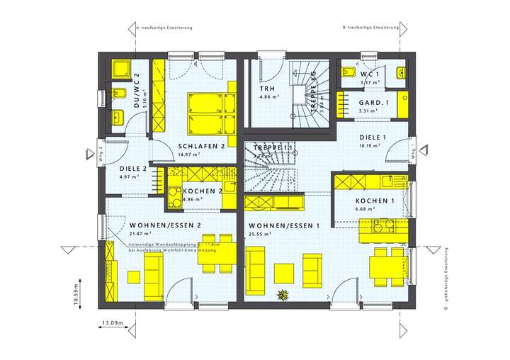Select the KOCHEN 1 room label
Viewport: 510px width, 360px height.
[374, 201]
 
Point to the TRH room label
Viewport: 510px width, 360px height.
[266, 88]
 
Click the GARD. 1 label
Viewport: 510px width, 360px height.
[354, 103]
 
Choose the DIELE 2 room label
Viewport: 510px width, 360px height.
[133, 169]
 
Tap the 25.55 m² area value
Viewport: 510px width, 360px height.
[261, 233]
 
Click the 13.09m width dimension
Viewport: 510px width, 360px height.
[112, 323]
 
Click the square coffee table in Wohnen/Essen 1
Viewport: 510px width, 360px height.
[285, 273]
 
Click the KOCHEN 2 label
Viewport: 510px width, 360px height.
[203, 191]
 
